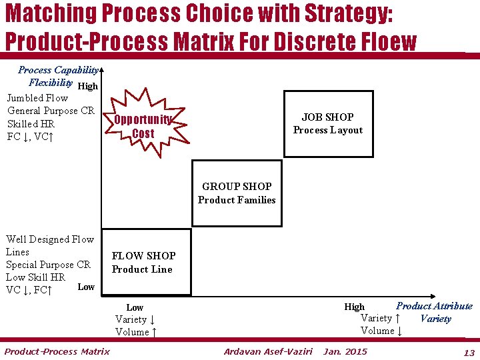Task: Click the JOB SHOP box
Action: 328,124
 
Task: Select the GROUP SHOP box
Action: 237,193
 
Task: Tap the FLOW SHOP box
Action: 144,262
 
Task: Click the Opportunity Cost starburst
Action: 143,126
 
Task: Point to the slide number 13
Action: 469,352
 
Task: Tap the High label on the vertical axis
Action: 88,86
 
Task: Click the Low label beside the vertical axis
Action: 86,287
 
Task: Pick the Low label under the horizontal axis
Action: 135,307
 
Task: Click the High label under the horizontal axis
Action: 354,307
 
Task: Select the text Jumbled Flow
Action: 37,98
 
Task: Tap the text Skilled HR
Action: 31,124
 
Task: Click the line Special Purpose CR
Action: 48,265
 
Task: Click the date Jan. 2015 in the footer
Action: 345,351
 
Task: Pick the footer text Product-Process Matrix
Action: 57,351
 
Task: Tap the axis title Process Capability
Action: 59,70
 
